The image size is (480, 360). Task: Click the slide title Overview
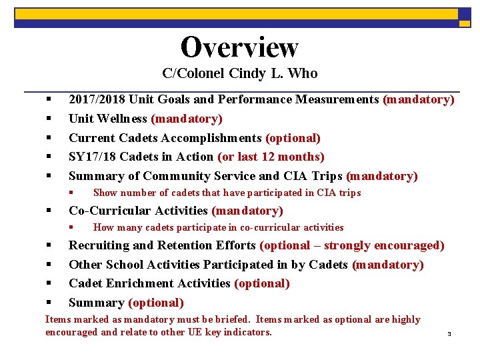point(239,47)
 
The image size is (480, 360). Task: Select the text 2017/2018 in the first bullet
point(97,100)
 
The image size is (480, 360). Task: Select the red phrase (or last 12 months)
point(271,157)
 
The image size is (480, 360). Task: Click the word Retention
point(187,246)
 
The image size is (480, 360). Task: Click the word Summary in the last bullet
point(97,303)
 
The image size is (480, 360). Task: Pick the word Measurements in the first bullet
point(338,100)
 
